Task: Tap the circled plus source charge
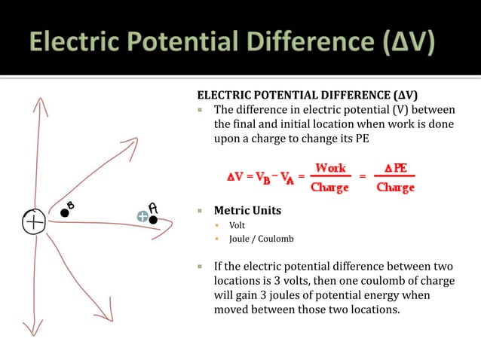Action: point(34,222)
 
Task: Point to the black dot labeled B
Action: point(65,214)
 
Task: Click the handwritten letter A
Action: point(153,207)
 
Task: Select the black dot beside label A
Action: point(153,220)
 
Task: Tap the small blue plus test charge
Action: point(142,216)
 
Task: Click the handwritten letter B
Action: point(71,205)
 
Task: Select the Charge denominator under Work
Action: point(330,187)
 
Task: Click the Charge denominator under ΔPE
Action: point(396,187)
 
